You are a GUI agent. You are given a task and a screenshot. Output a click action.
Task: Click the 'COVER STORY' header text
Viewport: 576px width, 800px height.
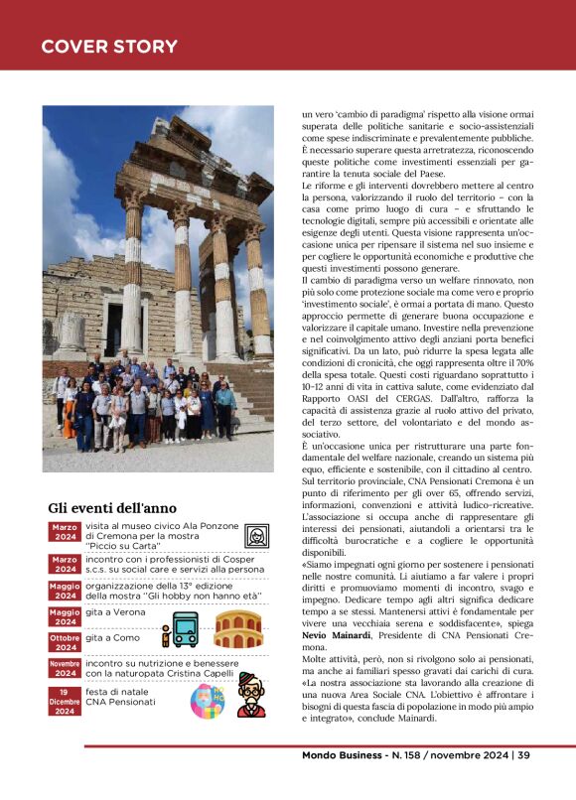pyautogui.click(x=109, y=47)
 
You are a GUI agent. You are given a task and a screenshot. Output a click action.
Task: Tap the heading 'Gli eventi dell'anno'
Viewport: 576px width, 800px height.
pyautogui.click(x=112, y=508)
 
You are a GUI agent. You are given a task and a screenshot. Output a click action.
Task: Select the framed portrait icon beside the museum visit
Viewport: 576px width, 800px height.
pyautogui.click(x=257, y=537)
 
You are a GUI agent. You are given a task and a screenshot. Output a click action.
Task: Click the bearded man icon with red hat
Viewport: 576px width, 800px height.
pyautogui.click(x=251, y=694)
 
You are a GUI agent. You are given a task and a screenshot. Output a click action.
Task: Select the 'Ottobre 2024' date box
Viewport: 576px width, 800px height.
pyautogui.click(x=66, y=642)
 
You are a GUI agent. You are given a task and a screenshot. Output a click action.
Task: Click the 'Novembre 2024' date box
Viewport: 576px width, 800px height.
pyautogui.click(x=66, y=668)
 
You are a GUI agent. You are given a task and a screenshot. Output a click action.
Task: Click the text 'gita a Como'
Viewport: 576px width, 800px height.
pyautogui.click(x=111, y=638)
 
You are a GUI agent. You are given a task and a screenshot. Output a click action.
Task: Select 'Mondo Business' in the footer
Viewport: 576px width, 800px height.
pyautogui.click(x=344, y=755)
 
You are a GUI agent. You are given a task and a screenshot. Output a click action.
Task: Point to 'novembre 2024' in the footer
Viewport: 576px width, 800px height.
pyautogui.click(x=465, y=755)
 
